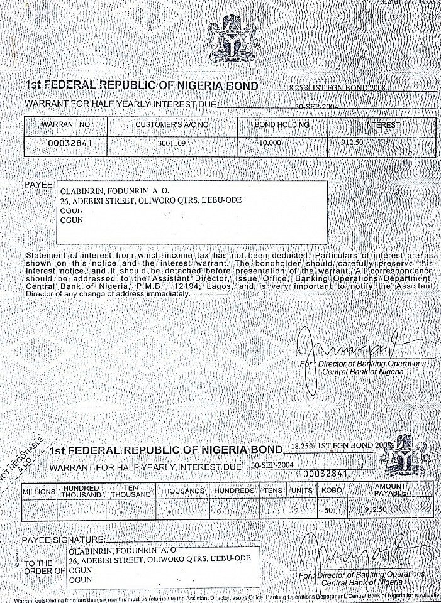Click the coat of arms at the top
232,44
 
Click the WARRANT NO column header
66,124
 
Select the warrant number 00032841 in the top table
66,143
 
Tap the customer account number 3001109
172,143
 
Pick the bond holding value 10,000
271,143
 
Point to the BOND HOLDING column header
282,124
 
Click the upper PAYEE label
38,185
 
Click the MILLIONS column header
39,491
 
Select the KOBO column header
332,491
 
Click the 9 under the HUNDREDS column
218,511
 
